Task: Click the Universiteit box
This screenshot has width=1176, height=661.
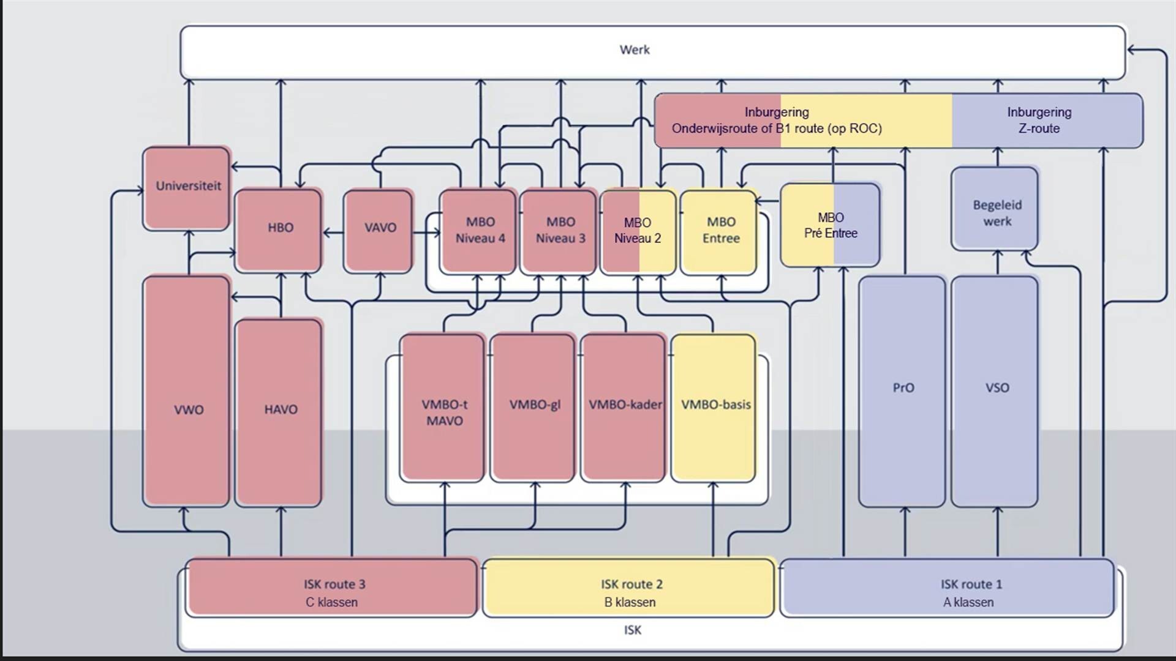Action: coord(187,188)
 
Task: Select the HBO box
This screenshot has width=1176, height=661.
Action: coord(279,230)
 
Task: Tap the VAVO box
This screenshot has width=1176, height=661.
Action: coord(379,231)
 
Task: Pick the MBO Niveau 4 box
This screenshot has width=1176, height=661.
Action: coord(479,231)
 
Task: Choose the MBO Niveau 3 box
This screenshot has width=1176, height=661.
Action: coord(559,231)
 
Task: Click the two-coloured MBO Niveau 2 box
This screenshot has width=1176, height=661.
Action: coord(639,232)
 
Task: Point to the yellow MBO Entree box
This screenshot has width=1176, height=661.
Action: coord(720,232)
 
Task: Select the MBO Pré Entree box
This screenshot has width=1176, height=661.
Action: coord(831,225)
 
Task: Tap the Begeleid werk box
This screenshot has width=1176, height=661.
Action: coord(995,209)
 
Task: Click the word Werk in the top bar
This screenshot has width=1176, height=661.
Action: coord(635,50)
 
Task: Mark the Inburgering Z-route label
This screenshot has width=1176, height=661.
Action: coord(1039,120)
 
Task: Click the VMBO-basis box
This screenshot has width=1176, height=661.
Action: coord(714,408)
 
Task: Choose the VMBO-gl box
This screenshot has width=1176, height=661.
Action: coord(533,408)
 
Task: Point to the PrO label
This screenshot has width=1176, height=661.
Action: coord(903,388)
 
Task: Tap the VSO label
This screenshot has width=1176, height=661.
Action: coord(997,388)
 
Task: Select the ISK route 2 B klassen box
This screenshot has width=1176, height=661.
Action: coord(629,588)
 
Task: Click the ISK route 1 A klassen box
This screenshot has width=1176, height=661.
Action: coord(948,588)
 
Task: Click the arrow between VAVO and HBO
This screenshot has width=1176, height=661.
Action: coord(333,233)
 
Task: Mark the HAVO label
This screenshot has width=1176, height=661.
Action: coord(281,409)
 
